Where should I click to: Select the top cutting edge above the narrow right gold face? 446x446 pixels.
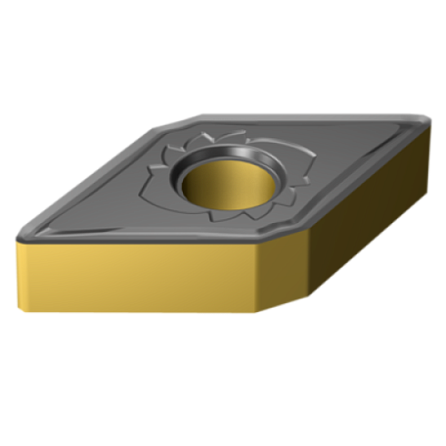tap(346, 182)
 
